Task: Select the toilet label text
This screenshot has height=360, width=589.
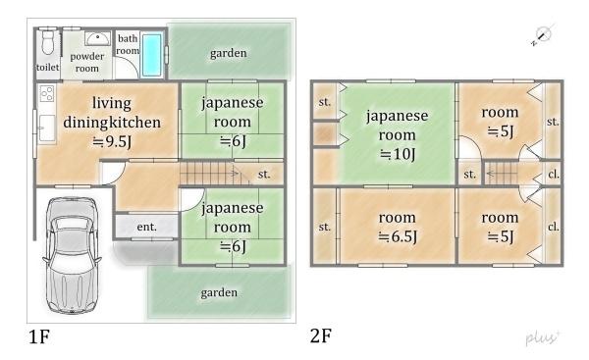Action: (47, 67)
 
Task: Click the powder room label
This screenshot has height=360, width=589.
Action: (87, 63)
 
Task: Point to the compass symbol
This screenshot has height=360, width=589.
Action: (542, 35)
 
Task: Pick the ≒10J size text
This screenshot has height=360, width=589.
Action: (398, 153)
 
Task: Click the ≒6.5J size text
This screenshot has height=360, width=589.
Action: (398, 236)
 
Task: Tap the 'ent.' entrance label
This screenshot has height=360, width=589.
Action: (146, 228)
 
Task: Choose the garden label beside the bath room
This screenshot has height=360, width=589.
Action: (228, 52)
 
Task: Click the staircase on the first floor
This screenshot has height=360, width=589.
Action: (211, 175)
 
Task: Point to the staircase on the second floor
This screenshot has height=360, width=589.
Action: (503, 175)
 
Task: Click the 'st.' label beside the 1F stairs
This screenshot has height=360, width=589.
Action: (264, 175)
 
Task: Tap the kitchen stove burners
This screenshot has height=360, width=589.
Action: (46, 94)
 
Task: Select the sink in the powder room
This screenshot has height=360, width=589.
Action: (97, 39)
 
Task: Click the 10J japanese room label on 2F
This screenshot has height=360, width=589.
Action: (398, 125)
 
